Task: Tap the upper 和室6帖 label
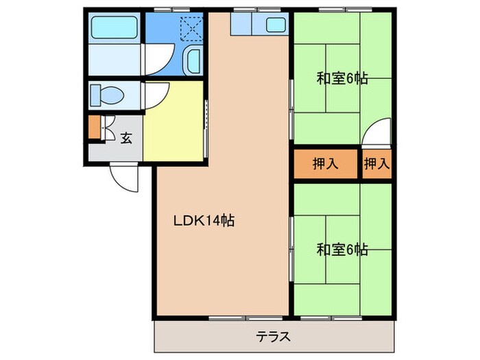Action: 341,78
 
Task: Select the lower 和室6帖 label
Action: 341,249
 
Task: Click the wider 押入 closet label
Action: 326,164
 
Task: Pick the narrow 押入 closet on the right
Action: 376,164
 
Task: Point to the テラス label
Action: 274,336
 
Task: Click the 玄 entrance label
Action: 127,138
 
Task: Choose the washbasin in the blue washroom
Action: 193,62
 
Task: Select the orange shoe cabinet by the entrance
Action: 94,128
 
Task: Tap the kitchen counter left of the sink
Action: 243,25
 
